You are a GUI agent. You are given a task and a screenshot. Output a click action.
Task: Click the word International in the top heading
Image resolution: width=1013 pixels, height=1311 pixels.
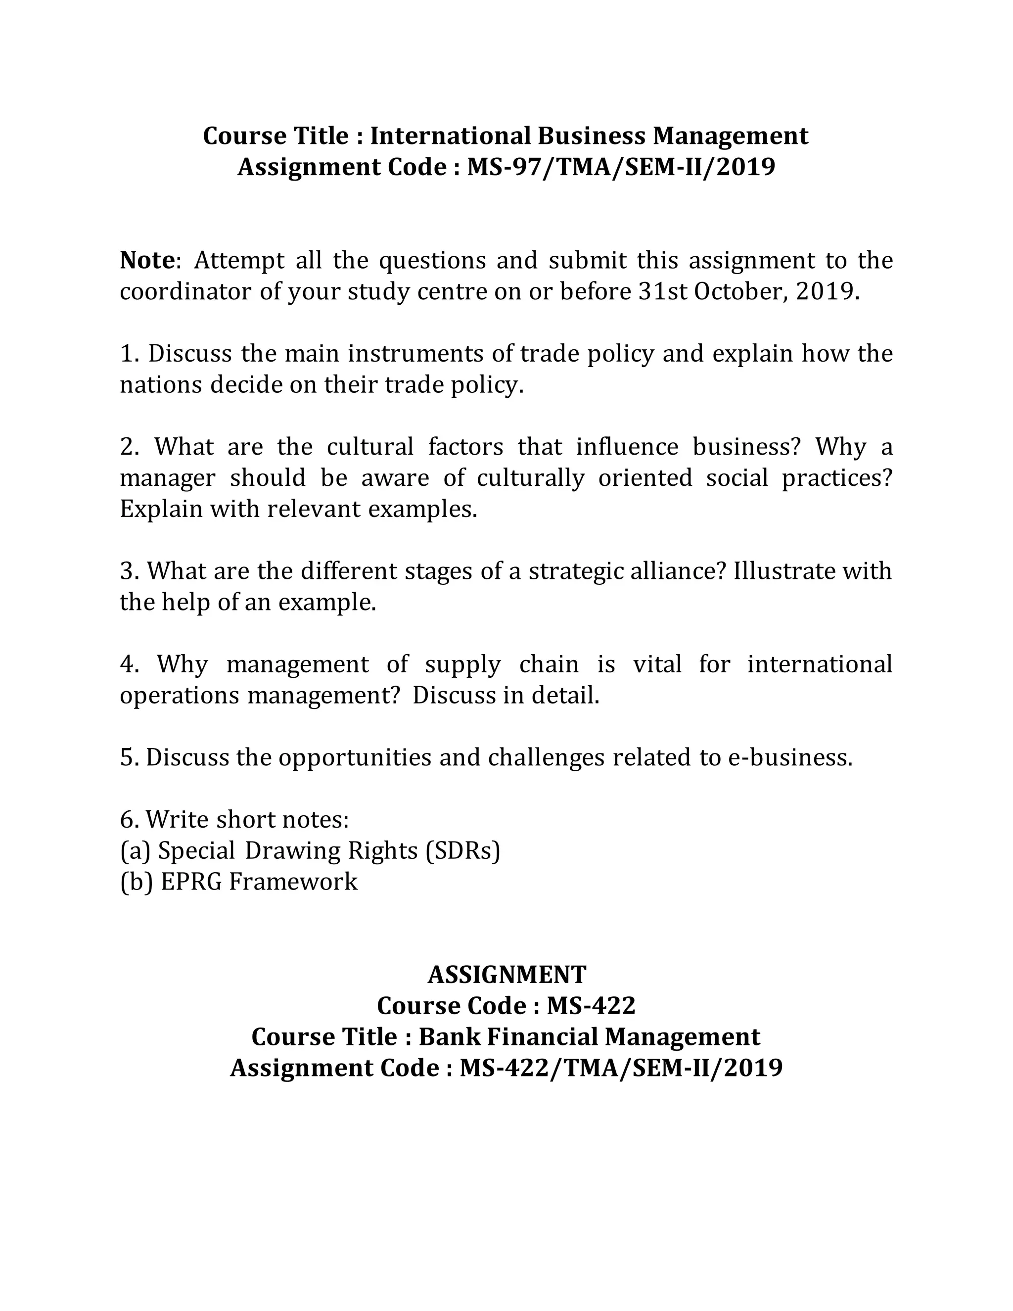(450, 136)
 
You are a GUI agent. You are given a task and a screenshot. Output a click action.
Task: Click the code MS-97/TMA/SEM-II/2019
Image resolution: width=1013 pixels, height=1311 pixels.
(621, 167)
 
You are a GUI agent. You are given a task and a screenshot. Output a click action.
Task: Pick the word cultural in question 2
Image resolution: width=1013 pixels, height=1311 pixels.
(370, 447)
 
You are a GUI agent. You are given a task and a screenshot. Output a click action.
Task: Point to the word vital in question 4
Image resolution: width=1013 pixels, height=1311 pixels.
(657, 664)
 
